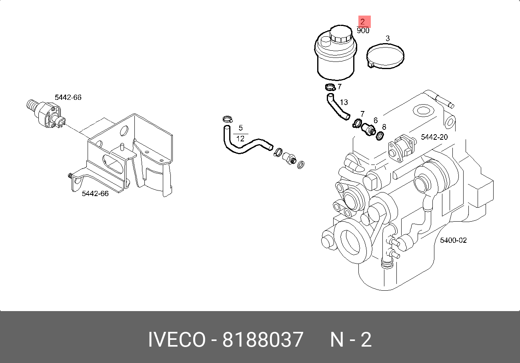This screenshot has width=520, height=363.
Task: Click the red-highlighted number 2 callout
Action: (x=363, y=22)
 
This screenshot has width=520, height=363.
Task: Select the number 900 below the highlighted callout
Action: (x=363, y=31)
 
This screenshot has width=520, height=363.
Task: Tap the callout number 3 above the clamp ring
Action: (x=387, y=38)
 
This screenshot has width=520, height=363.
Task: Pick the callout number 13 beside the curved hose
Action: (x=344, y=103)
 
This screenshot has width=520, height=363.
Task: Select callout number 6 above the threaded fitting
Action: (x=376, y=120)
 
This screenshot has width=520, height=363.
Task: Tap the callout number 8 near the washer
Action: (x=384, y=127)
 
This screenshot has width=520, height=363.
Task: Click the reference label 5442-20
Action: (x=434, y=137)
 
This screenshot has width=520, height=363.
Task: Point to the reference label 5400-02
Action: (x=453, y=240)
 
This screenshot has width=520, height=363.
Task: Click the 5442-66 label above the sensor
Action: (x=68, y=97)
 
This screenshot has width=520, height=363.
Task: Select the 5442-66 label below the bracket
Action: (x=95, y=194)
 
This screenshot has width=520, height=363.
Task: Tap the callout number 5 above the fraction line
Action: (x=241, y=128)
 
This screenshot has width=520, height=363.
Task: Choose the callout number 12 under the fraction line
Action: (x=241, y=139)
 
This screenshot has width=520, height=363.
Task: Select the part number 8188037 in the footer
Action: (x=263, y=340)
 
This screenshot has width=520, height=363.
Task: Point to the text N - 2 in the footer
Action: (x=351, y=340)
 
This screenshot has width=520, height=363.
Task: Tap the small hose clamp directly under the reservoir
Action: (x=330, y=87)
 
